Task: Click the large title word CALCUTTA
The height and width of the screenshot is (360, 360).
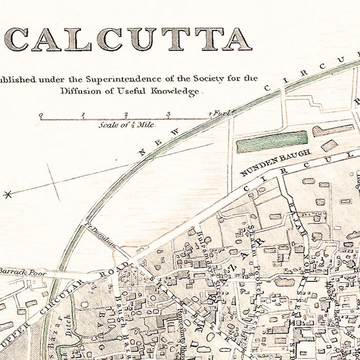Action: pos(128,40)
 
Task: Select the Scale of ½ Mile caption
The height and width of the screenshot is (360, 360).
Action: pos(126,125)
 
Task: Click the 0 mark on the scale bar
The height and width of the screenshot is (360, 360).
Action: pos(41,116)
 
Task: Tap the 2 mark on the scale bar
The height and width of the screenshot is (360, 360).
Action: pos(126,115)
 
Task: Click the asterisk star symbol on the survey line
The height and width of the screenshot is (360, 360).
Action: pos(7,195)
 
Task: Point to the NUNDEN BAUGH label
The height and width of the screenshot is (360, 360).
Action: pos(275,163)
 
